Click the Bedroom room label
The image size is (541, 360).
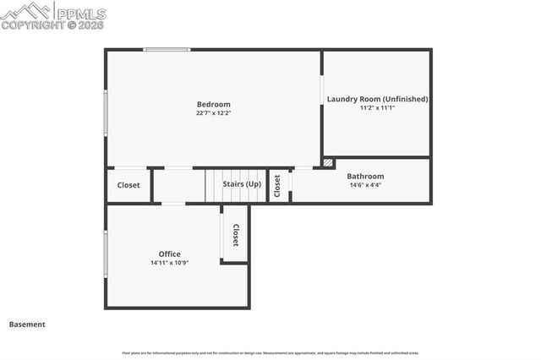click(x=213, y=105)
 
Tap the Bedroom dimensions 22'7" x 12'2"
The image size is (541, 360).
click(x=213, y=113)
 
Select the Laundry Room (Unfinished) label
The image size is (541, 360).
click(x=377, y=99)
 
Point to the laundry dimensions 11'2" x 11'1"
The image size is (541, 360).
click(x=377, y=108)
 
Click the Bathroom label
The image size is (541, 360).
click(x=365, y=177)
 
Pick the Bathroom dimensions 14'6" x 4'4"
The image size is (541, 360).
click(x=365, y=185)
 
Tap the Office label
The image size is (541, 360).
click(x=170, y=254)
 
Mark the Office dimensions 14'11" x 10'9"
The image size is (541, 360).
click(x=170, y=263)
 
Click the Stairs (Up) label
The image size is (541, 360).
click(x=242, y=184)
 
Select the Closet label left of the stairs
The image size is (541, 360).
click(x=128, y=185)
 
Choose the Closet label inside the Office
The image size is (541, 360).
click(x=236, y=235)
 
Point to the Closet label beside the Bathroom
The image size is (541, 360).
click(x=277, y=186)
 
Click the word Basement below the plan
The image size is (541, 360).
click(x=27, y=325)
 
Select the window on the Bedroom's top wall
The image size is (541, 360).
click(x=167, y=50)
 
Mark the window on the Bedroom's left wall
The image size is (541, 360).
click(x=106, y=112)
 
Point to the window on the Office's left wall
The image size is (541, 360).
click(x=106, y=255)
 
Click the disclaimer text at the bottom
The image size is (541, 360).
click(x=270, y=353)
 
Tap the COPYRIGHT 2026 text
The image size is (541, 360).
click(x=52, y=25)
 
